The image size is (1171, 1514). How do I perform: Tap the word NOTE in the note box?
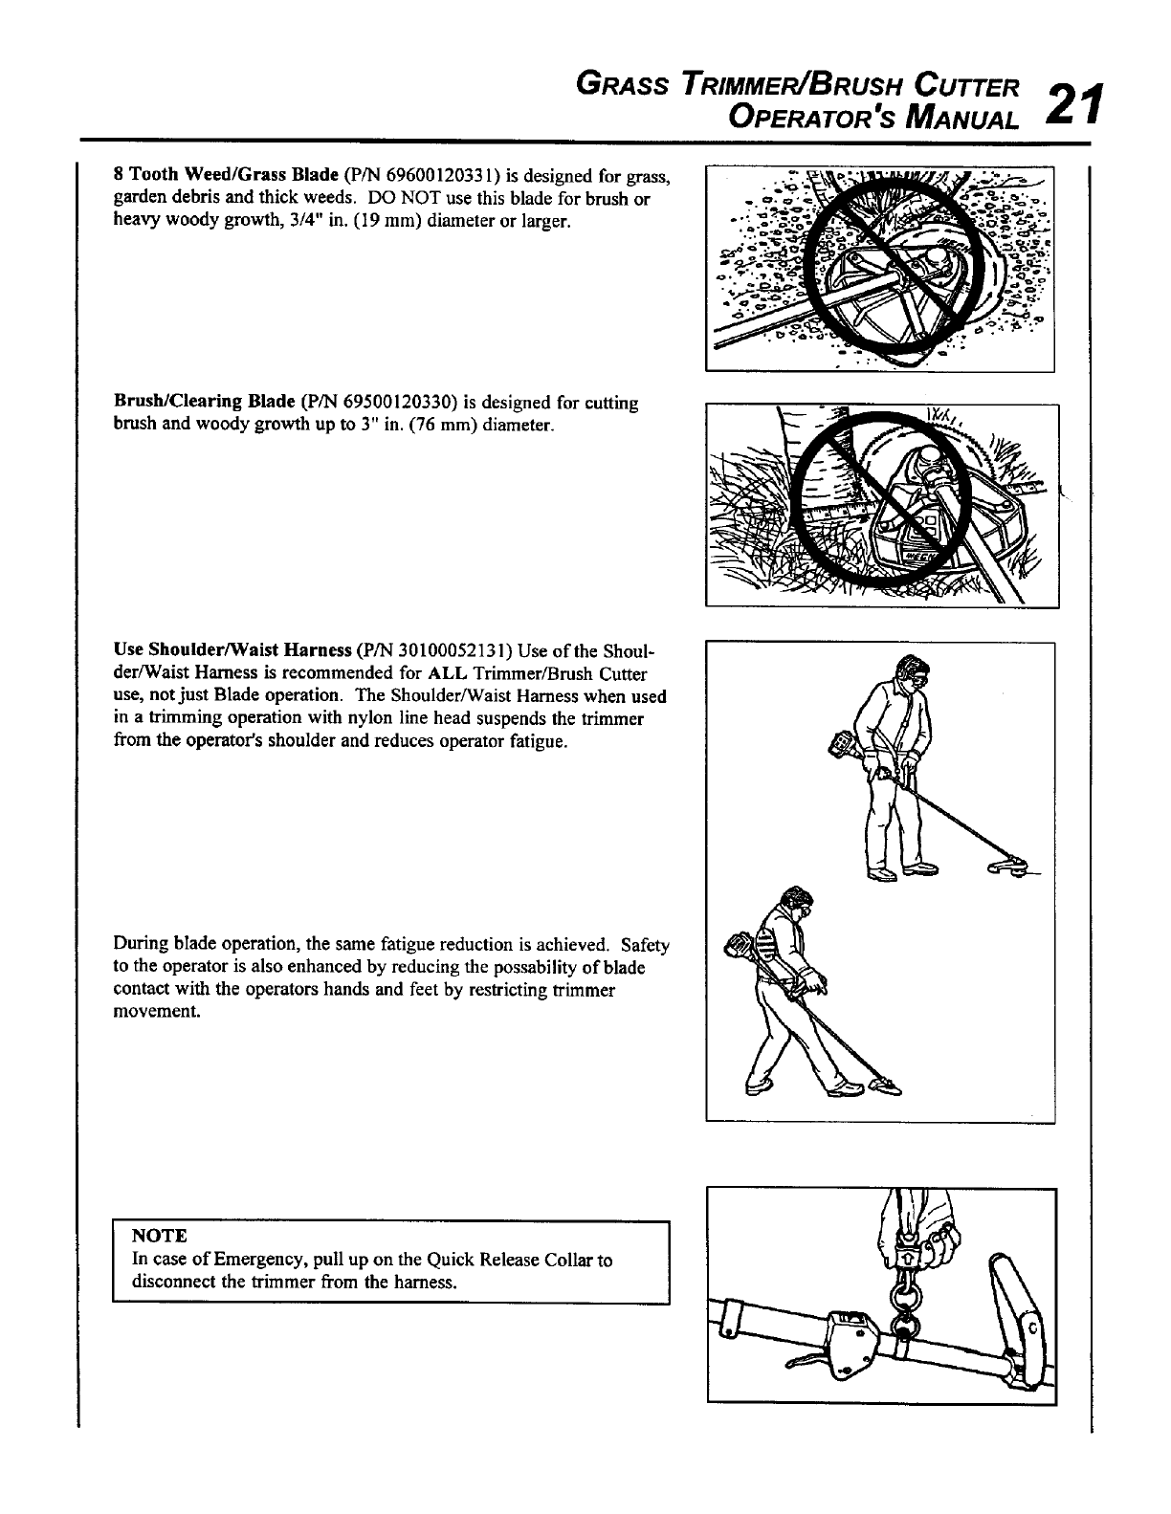tap(160, 1236)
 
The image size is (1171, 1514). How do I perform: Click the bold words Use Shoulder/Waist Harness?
tap(232, 651)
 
